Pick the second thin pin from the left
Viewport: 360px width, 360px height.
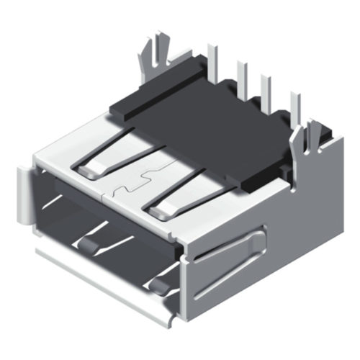click(x=243, y=76)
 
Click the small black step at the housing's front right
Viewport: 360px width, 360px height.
click(x=252, y=186)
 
